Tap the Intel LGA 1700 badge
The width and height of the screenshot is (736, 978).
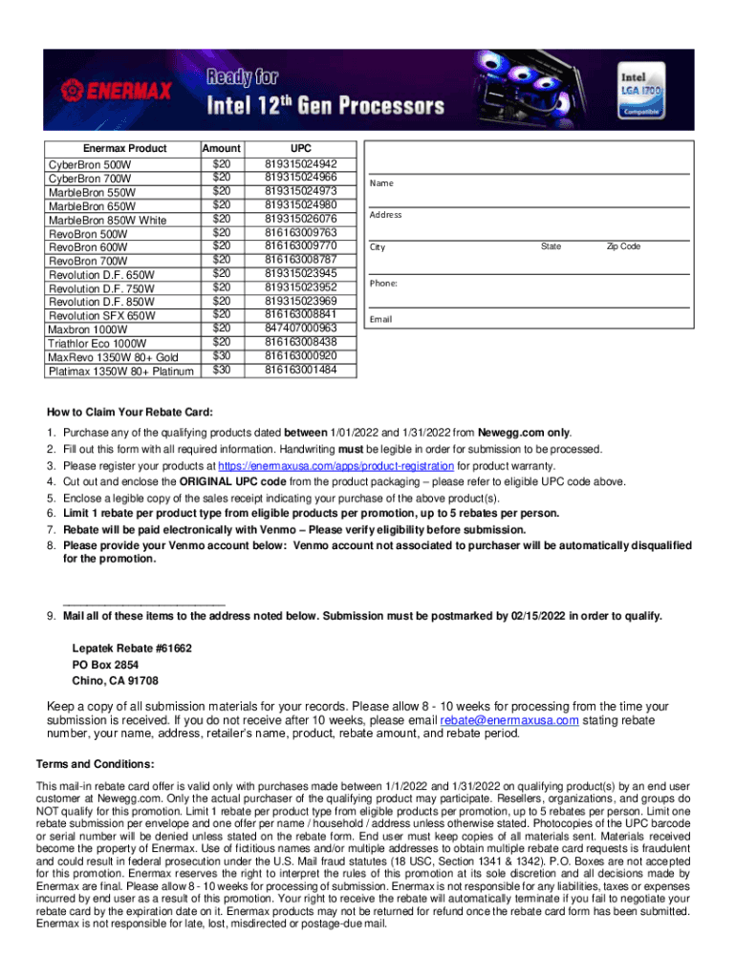643,92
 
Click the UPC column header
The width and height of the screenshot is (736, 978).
301,149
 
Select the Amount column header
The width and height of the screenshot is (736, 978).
222,149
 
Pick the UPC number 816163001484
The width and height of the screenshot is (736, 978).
301,370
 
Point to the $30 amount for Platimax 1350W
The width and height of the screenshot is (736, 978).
222,370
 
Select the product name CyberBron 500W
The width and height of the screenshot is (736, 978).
90,164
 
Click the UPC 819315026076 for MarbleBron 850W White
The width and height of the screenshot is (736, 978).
301,219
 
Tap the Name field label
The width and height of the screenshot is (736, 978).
382,183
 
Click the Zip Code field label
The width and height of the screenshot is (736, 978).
623,247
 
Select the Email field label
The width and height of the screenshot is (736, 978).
381,319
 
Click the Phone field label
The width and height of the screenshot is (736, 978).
383,285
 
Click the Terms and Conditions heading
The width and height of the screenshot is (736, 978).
95,764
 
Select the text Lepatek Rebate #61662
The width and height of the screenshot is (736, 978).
132,648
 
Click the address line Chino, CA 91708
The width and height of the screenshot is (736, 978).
115,681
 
